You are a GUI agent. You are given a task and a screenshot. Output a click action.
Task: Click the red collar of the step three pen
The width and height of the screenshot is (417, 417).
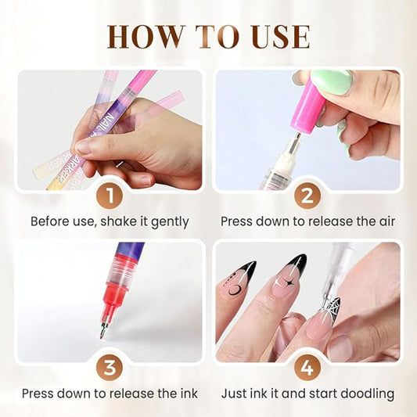115,287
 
